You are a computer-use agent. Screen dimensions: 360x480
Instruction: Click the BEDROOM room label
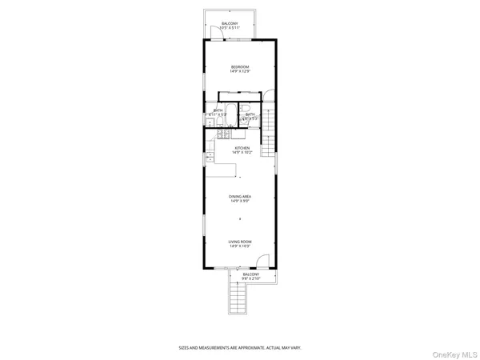[241, 66]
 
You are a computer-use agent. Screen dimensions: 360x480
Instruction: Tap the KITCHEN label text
[242, 147]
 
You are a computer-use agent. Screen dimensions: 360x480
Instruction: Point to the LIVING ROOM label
[241, 241]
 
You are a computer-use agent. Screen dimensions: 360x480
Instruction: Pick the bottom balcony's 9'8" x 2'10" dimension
[252, 278]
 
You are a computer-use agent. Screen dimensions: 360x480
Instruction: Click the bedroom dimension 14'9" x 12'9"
[241, 71]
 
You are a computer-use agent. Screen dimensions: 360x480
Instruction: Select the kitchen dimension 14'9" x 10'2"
[242, 152]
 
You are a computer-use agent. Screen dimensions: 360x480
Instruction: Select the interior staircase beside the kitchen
[270, 131]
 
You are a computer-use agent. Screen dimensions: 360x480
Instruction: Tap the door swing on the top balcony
[226, 30]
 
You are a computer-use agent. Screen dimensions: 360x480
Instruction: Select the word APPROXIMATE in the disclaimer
[236, 348]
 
